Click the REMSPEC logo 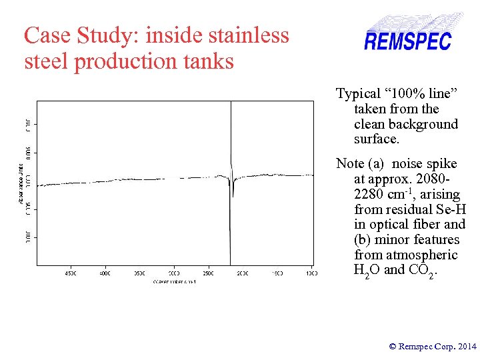point(407,40)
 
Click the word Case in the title point(44,35)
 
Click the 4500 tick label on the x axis point(71,273)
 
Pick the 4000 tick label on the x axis point(105,273)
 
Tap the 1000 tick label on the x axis point(311,273)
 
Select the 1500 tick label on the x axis point(277,273)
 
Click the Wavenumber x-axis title point(174,282)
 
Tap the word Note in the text point(350,163)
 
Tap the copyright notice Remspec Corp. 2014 point(433,346)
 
